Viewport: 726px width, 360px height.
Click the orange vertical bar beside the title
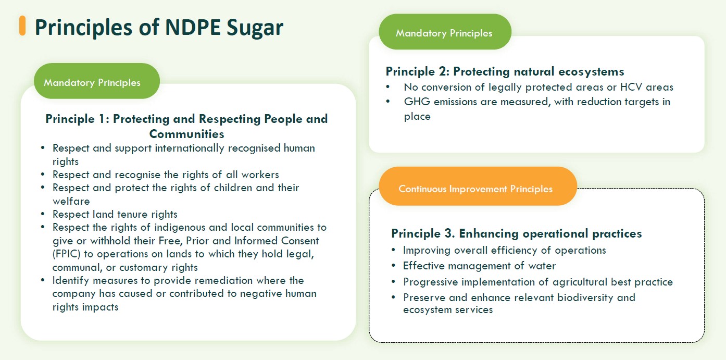click(22, 26)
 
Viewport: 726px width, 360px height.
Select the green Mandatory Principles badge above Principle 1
click(92, 82)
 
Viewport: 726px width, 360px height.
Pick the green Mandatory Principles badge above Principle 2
click(444, 33)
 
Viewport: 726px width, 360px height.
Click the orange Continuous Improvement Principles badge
click(475, 189)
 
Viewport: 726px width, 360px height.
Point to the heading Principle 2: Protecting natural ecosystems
click(505, 71)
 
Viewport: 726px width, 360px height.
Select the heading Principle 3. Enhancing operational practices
click(516, 233)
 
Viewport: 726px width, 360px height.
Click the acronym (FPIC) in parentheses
click(67, 254)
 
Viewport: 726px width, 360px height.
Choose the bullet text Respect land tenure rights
click(115, 214)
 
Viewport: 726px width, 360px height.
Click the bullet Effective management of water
click(479, 266)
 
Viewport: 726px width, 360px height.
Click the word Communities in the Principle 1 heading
click(186, 133)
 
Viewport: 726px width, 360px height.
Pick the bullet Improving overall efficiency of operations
click(504, 250)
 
